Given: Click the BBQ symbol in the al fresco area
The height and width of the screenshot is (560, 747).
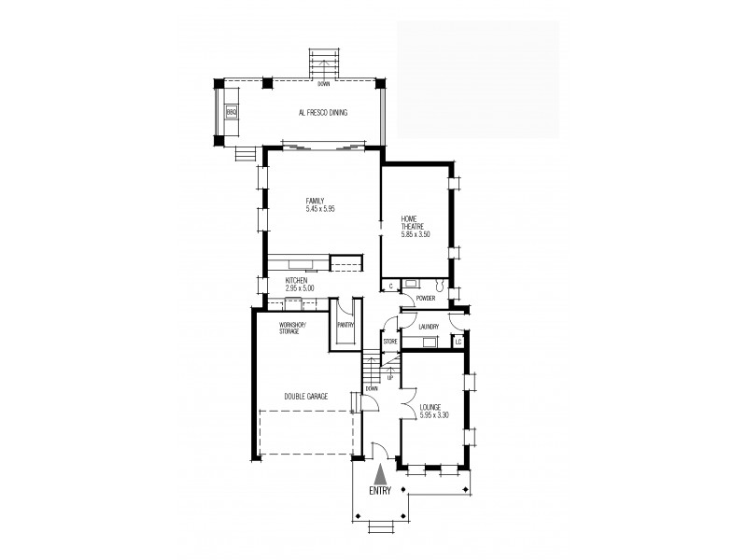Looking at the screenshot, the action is click(x=231, y=112).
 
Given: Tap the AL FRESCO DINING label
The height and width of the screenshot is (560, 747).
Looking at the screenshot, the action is click(x=322, y=113).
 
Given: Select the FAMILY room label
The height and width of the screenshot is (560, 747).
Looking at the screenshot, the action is click(x=316, y=201).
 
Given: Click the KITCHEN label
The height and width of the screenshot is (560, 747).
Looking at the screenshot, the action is click(x=296, y=281).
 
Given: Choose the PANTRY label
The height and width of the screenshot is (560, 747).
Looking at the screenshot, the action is click(x=345, y=325).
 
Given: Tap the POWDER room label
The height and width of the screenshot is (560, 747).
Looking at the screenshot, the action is click(x=426, y=298).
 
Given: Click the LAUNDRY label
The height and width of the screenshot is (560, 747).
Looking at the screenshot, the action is click(x=429, y=328).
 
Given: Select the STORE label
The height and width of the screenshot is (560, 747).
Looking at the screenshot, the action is click(x=390, y=342).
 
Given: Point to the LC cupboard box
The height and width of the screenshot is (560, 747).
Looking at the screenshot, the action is click(x=458, y=342).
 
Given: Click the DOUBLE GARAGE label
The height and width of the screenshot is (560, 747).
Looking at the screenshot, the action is click(x=306, y=396).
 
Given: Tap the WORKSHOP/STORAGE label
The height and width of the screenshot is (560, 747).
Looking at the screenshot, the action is click(x=292, y=329).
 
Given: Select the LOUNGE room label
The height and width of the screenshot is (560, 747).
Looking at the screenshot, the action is click(x=430, y=408).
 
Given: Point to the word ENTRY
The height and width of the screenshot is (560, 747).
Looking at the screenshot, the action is click(x=380, y=491).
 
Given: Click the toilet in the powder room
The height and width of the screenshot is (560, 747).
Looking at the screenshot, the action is click(x=439, y=285).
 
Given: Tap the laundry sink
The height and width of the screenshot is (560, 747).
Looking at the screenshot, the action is click(x=430, y=342).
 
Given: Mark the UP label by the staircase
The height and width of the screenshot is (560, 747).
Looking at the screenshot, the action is click(x=389, y=378).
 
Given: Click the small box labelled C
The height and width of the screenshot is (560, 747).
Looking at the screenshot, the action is click(x=390, y=287).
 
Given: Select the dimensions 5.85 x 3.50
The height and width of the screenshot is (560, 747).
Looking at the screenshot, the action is click(x=416, y=234).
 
